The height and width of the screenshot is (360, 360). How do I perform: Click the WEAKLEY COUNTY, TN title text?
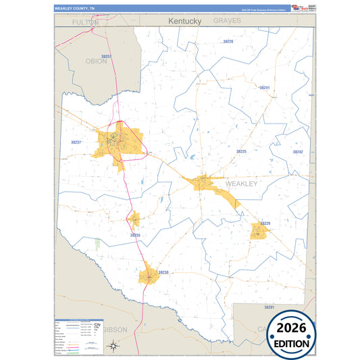point(74,9)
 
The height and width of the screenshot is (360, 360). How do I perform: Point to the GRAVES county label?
point(227,21)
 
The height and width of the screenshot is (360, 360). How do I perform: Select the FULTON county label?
point(86,22)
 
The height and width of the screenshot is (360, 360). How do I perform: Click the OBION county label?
point(97,61)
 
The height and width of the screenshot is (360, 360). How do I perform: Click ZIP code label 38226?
point(228,42)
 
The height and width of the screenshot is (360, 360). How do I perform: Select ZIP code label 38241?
point(264,88)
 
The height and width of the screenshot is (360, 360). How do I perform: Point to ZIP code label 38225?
point(241,152)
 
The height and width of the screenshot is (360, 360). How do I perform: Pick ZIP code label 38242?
point(298,153)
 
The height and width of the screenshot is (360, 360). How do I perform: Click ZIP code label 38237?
point(76,143)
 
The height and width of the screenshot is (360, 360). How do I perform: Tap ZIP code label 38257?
point(106,57)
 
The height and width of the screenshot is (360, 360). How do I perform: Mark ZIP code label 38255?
point(135,235)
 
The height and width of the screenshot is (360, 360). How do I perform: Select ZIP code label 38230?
point(163,272)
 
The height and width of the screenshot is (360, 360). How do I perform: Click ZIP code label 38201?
point(269,307)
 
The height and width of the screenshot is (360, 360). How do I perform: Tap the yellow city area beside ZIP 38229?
point(259,232)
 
